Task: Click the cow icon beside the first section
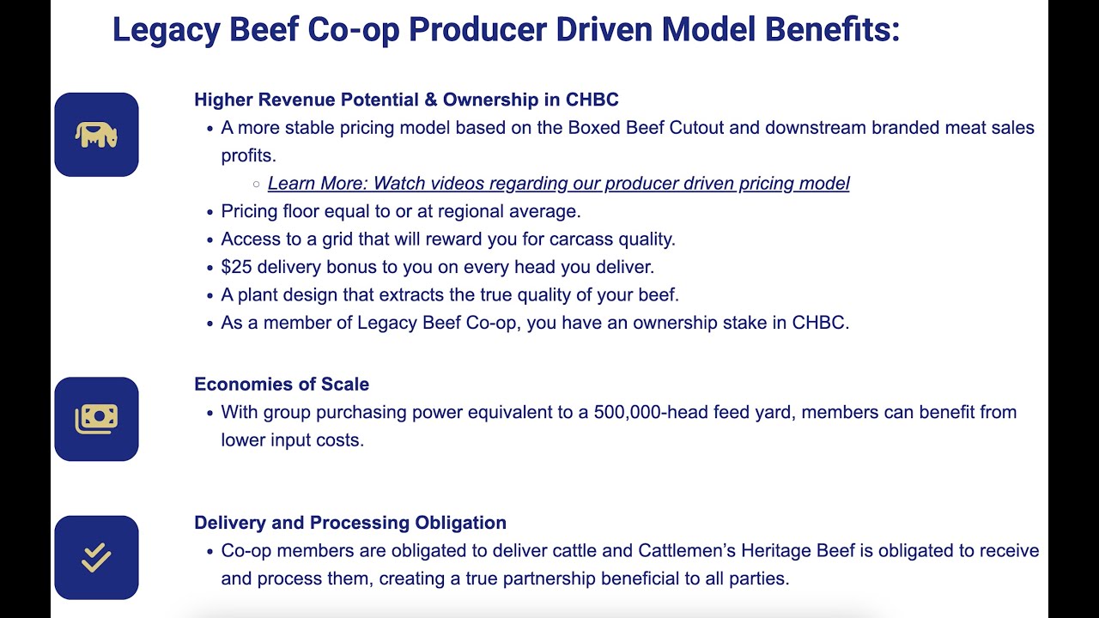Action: [96, 135]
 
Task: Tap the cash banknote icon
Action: [96, 419]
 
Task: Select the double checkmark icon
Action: [96, 558]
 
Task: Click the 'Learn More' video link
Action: [558, 183]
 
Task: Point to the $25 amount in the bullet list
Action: [237, 267]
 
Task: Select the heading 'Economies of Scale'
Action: [282, 384]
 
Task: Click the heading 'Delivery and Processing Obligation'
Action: [350, 523]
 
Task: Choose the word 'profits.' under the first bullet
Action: [248, 155]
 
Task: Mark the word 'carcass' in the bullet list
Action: [579, 239]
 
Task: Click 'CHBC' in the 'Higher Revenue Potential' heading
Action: [592, 100]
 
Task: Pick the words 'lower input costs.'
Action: [292, 439]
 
